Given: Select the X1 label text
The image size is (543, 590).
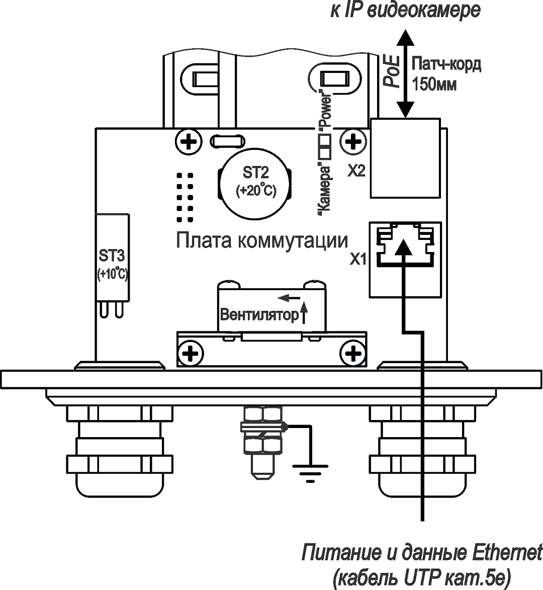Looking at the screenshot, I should coord(358,260).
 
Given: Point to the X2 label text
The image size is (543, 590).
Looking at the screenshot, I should coord(356,172).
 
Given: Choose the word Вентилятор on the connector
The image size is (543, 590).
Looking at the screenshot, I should coord(259,315).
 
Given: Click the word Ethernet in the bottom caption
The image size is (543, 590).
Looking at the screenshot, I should coord(508,553).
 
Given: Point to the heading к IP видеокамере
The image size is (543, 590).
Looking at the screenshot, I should coord(405,10).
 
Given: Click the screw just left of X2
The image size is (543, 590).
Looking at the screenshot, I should coord(354,142).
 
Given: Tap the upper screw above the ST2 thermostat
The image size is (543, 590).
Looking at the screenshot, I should coord(189,142).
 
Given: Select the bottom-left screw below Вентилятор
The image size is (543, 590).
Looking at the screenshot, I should coord(190,353).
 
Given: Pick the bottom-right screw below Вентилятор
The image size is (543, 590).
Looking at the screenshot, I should coord(354,353).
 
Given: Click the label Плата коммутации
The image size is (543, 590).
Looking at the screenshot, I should coord(261,240).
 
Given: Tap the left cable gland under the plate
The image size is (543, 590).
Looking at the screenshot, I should coord(120,453).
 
